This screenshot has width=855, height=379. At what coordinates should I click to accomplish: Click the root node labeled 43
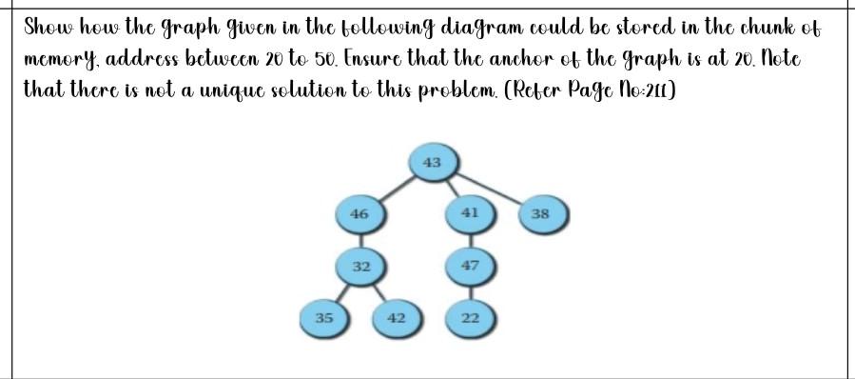432,162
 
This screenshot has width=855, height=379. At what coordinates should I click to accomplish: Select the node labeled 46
359,214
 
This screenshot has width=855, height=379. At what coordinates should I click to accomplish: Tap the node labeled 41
468,213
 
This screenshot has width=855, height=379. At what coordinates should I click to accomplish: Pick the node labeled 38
540,214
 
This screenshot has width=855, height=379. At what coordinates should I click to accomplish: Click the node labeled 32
360,266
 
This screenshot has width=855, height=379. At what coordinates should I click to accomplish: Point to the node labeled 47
469,265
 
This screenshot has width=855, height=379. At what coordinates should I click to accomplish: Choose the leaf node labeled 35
324,317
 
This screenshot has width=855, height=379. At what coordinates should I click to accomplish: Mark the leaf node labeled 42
397,317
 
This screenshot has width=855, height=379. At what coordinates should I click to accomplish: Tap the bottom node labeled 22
469,317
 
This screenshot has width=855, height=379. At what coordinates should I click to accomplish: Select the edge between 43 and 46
396,188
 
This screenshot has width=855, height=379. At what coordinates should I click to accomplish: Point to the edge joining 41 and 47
469,239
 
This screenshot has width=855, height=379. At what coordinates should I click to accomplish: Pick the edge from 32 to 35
342,291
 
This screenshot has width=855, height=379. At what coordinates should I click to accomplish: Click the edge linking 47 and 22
469,291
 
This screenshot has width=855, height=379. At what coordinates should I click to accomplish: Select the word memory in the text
59,61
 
